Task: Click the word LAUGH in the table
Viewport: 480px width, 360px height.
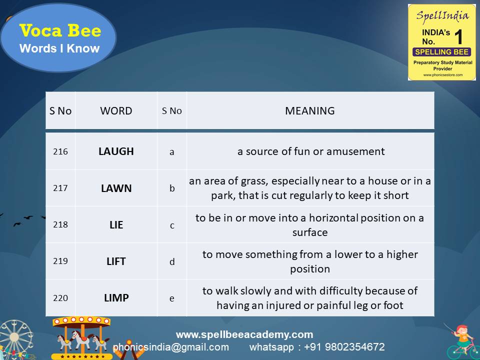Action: coord(116,151)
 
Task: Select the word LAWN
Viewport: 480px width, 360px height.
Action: coord(116,188)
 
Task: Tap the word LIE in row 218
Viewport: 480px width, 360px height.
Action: coord(116,225)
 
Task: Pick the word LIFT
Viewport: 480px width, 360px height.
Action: coord(116,261)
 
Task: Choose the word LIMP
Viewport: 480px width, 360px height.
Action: coord(116,298)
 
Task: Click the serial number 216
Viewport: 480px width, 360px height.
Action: coord(60,151)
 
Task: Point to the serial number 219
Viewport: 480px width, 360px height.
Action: coord(60,261)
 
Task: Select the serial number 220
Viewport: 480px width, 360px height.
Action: coord(60,298)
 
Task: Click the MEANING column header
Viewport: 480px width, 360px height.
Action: coord(310,111)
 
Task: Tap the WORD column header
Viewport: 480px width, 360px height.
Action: coord(116,111)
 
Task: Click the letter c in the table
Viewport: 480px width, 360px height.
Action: coord(172,225)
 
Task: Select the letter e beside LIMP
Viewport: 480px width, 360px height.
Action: coord(172,298)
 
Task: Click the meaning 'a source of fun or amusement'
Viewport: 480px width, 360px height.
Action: coord(311,151)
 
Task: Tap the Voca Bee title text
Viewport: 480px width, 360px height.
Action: coord(60,31)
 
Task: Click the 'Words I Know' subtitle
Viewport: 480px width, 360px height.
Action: coord(59,48)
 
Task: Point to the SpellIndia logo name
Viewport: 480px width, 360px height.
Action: coord(442,15)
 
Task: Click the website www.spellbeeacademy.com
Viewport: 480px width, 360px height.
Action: coord(244,334)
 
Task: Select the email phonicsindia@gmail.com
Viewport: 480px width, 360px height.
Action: coord(171,347)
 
